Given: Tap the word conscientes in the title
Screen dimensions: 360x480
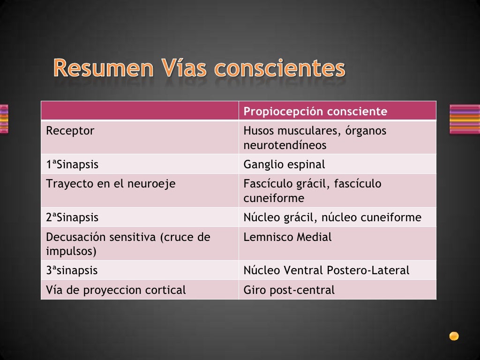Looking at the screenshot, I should pyautogui.click(x=280, y=68).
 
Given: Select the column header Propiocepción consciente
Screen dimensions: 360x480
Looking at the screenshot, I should pyautogui.click(x=315, y=112).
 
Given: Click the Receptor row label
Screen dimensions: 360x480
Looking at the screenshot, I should pyautogui.click(x=70, y=131).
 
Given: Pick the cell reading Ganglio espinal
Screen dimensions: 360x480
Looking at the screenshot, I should pyautogui.click(x=284, y=165).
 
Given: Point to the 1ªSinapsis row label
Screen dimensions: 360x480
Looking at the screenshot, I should pyautogui.click(x=72, y=165).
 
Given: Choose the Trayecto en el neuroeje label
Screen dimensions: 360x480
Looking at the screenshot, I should pyautogui.click(x=111, y=184).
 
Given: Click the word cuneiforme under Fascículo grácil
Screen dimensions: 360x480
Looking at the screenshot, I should pyautogui.click(x=274, y=198).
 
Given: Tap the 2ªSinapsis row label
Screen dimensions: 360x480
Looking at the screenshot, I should pyautogui.click(x=72, y=217).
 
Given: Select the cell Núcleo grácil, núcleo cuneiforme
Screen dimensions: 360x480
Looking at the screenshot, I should pyautogui.click(x=332, y=217).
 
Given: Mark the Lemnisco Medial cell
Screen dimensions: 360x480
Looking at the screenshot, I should pyautogui.click(x=287, y=237).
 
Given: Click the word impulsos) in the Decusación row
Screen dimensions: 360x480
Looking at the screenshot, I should pyautogui.click(x=71, y=251).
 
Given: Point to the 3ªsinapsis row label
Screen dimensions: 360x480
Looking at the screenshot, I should pyautogui.click(x=72, y=270).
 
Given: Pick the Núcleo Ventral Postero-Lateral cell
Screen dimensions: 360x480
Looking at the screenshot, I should pyautogui.click(x=326, y=270).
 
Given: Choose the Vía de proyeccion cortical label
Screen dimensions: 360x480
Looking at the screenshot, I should pyautogui.click(x=116, y=290).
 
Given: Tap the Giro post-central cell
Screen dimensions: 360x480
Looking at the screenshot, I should pyautogui.click(x=289, y=290).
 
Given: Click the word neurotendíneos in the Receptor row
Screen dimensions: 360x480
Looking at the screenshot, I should pyautogui.click(x=285, y=145).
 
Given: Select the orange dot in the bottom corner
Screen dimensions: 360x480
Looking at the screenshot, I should pyautogui.click(x=454, y=336).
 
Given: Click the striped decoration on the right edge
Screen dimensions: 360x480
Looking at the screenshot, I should pyautogui.click(x=465, y=119).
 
